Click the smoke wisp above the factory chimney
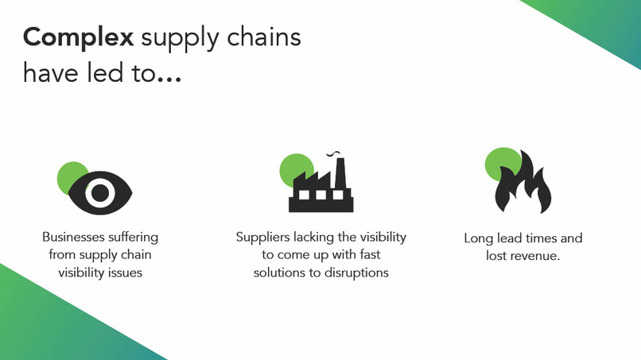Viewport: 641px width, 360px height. point(337,152)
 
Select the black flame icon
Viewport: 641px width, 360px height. point(522,185)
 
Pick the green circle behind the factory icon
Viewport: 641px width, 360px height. point(293,166)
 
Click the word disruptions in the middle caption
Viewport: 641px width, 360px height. point(357,273)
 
